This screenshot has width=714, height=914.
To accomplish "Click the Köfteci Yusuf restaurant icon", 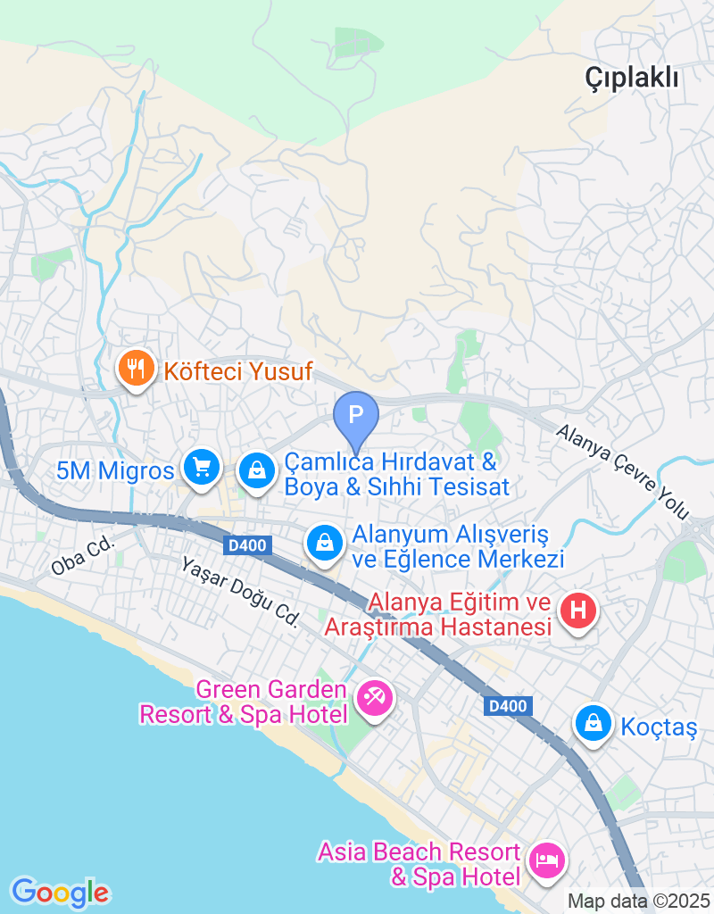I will coord(135,368).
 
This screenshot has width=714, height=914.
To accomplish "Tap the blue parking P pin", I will coord(356,416).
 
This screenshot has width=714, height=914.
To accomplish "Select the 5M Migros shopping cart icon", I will coord(202,467).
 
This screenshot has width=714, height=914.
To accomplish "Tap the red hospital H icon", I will coord(577,611).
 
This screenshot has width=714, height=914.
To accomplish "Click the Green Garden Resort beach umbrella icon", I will coord(373,696).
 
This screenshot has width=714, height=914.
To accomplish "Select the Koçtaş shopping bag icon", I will coord(593,724).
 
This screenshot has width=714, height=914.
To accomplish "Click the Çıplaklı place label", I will coord(632,78).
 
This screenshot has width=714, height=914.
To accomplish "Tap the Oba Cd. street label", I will coord(84,559).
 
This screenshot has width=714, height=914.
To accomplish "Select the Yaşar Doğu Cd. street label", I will coord(239,592).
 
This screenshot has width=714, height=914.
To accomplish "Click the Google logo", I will coord(60,892).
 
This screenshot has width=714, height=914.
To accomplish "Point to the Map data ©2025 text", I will coord(639,902).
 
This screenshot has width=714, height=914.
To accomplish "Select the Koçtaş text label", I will coord(660,727).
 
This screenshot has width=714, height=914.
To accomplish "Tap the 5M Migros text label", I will coord(115,470).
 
